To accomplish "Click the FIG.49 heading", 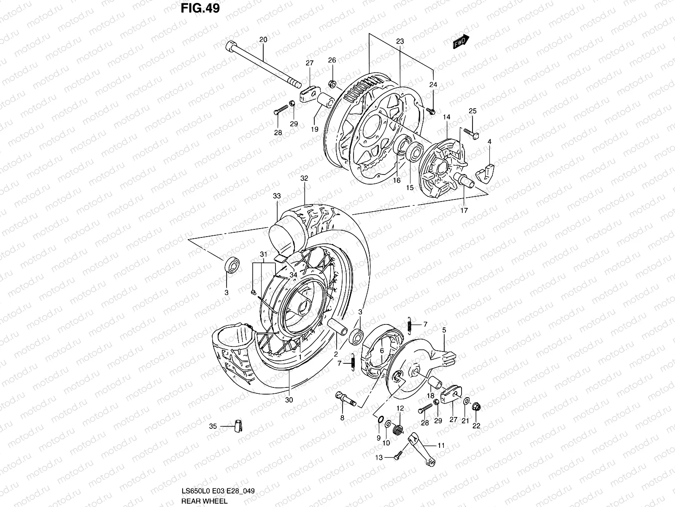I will (200, 8).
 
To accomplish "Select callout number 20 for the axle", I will (263, 40).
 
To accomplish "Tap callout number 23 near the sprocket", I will (400, 41).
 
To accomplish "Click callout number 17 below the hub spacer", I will (464, 210).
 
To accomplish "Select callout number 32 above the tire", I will (304, 178).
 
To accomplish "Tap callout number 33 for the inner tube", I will (276, 196).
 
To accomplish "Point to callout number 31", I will (264, 254).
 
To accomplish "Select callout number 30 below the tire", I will (289, 400).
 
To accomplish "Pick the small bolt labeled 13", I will (397, 457).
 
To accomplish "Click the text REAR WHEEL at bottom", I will (204, 501).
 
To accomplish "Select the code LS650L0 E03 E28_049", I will (217, 491).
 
